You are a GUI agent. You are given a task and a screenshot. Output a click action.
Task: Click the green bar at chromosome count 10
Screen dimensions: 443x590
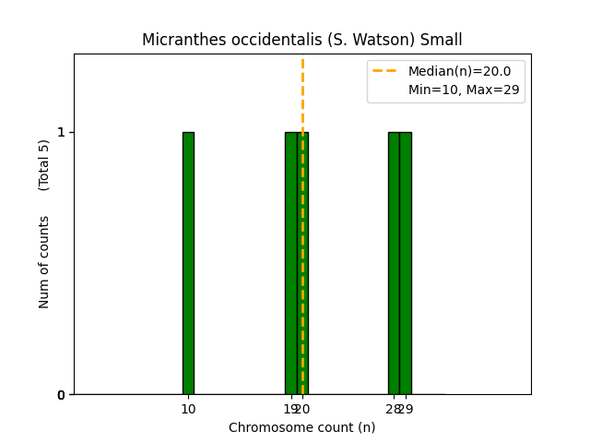point(188,263)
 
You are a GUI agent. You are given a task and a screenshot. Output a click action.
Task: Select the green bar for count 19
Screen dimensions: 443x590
point(290,263)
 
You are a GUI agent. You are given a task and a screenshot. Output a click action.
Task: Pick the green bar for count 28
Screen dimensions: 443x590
point(394,263)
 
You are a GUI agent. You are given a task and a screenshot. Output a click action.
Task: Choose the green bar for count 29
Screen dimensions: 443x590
point(406,263)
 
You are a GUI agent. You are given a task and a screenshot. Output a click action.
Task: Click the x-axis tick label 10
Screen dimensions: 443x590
point(188,409)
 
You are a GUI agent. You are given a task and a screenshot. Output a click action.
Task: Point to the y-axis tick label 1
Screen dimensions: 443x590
point(61,132)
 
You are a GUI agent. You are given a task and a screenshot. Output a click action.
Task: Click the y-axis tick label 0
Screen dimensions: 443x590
point(61,395)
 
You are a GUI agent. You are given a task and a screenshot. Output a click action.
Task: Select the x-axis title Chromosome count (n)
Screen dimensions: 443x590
point(301,427)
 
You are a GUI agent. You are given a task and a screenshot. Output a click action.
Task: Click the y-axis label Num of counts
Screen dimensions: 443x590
point(44,262)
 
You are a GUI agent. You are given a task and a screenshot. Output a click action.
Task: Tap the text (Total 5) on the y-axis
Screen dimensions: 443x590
point(44,165)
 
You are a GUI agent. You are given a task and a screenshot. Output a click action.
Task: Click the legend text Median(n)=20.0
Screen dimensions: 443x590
point(459,71)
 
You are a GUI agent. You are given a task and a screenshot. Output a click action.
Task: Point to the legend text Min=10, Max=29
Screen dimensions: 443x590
point(464,90)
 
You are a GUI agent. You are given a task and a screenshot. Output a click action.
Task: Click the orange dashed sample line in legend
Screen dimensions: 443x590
point(386,71)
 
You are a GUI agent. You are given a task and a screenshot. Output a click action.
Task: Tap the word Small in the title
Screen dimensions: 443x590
point(442,40)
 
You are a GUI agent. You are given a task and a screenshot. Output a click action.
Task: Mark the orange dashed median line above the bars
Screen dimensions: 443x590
point(302,92)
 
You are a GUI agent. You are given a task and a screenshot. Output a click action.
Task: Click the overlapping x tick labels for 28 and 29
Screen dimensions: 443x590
point(399,409)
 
